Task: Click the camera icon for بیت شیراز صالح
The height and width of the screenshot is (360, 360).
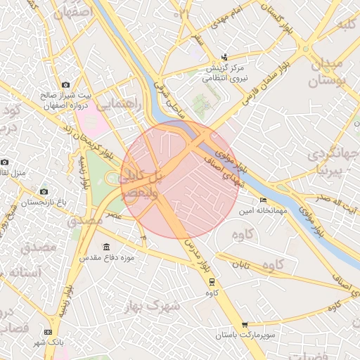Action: (x=66, y=84)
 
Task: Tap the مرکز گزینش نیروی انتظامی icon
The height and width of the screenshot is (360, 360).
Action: (x=224, y=57)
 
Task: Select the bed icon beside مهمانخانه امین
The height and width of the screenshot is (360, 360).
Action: (x=264, y=200)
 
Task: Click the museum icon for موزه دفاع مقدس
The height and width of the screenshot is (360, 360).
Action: (x=106, y=247)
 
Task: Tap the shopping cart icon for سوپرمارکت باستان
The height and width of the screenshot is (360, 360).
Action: (x=244, y=325)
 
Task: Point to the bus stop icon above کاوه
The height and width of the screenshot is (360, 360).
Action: (x=212, y=281)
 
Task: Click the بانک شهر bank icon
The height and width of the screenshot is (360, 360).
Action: (x=48, y=331)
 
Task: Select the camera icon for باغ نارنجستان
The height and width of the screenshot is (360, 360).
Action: (x=44, y=191)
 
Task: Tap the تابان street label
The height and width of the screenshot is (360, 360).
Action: (x=241, y=265)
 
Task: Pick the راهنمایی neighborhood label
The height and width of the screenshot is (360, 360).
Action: (x=118, y=105)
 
